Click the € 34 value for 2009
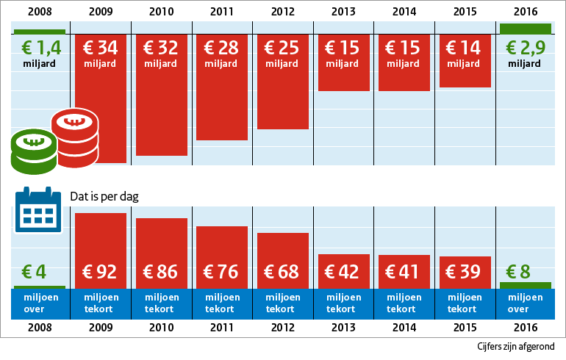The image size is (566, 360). [101, 48]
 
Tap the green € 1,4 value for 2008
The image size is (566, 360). [39, 49]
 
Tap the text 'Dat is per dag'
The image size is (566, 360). [104, 197]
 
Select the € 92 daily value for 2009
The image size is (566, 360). [101, 272]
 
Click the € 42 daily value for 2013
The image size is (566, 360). [343, 272]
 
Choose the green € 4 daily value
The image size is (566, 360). [34, 272]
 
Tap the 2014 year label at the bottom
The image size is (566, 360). [404, 327]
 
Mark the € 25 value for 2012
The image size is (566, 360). [282, 48]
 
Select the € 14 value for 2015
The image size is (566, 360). [464, 48]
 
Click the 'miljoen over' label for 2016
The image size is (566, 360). [525, 303]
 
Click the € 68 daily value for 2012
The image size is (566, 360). [282, 272]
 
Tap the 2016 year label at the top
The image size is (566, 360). [525, 12]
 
